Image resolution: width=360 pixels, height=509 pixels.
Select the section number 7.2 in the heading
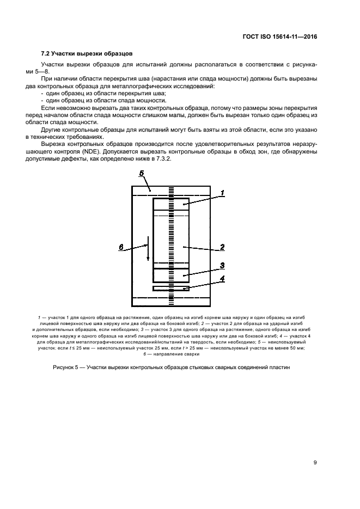[x=46, y=53]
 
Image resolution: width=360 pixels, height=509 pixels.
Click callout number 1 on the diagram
[x=222, y=193]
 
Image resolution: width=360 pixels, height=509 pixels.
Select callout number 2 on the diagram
[x=222, y=247]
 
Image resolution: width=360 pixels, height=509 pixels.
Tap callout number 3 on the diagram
[x=222, y=266]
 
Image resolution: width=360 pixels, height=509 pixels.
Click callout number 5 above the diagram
[x=141, y=174]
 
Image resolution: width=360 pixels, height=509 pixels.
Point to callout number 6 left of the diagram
[x=121, y=248]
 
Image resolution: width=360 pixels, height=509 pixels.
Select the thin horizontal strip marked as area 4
[x=171, y=288]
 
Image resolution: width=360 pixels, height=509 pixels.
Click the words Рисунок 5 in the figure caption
[x=66, y=367]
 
